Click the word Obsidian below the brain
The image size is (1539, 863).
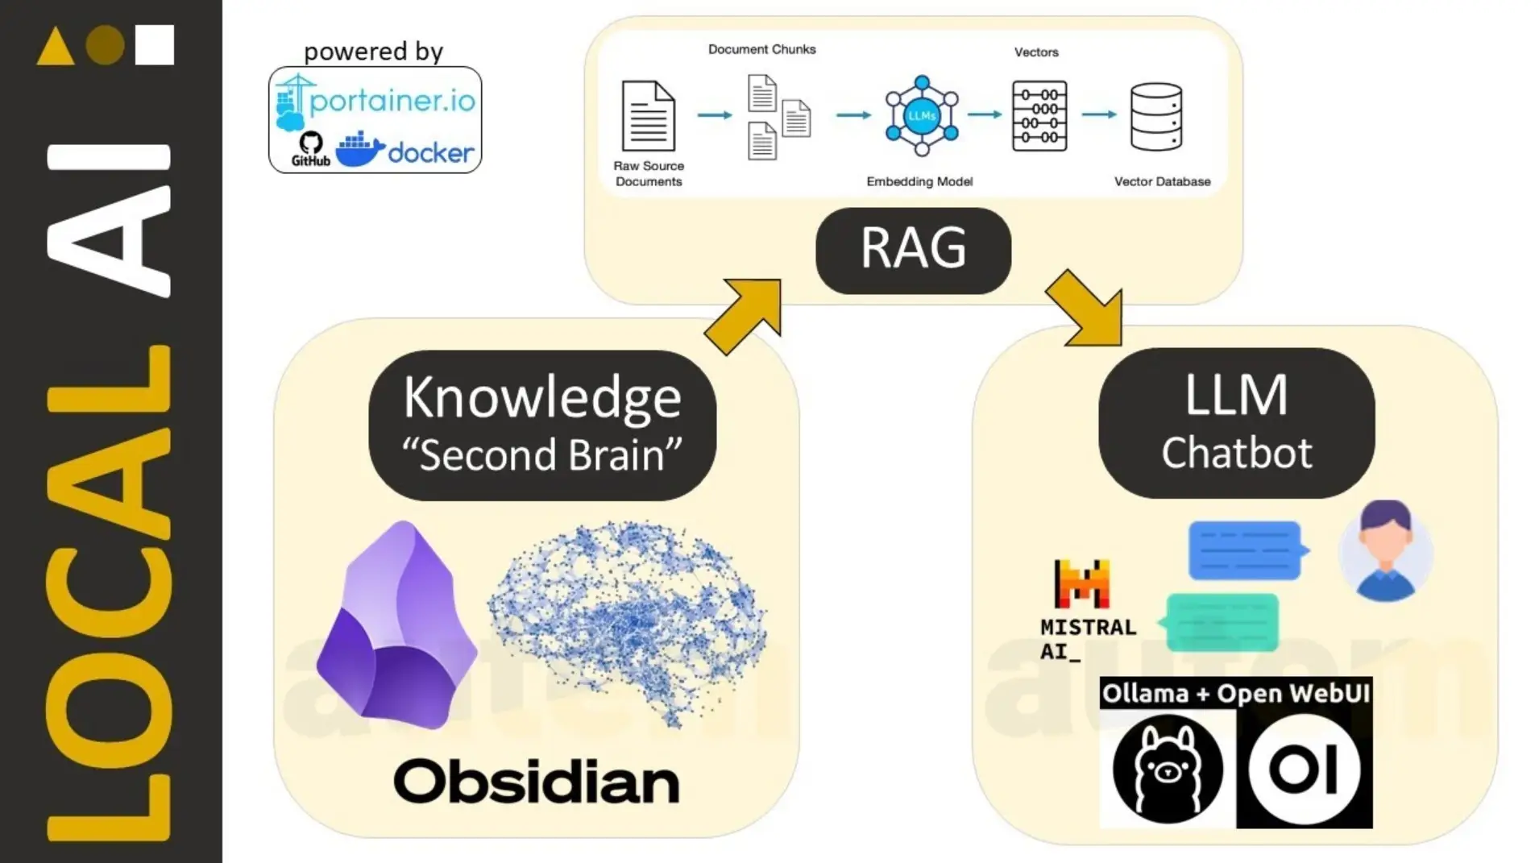coord(536,782)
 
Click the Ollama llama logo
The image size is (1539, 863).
coord(1167,770)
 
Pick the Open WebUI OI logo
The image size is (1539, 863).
coord(1304,770)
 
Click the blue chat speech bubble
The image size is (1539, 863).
coord(1246,550)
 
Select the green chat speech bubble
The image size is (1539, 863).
coord(1221,622)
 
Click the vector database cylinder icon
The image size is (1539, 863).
coord(1155,117)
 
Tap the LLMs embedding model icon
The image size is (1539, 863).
coord(922,115)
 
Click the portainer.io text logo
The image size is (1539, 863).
coord(392,102)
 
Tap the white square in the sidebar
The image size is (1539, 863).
coord(154,44)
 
